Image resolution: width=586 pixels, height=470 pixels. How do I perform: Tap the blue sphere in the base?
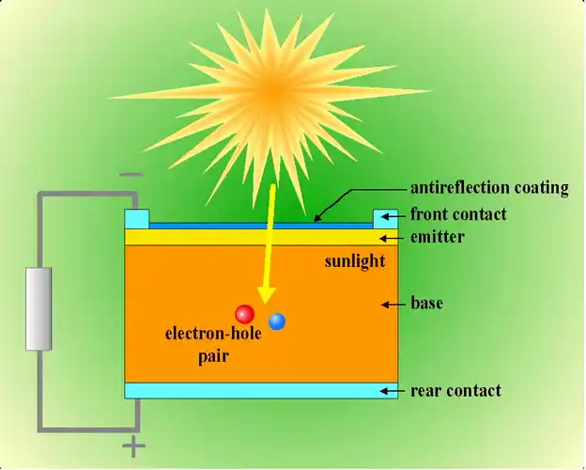[x=277, y=321]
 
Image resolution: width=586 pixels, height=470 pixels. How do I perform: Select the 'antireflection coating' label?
[x=489, y=188]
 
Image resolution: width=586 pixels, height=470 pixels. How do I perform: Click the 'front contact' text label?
[x=458, y=214]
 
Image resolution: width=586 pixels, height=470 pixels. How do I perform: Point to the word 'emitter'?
[x=438, y=237]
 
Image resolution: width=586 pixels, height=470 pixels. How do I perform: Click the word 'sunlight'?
[x=354, y=261]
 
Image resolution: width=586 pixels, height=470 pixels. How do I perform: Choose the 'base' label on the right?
[x=426, y=304]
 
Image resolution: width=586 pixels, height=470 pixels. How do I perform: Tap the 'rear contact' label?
[x=455, y=390]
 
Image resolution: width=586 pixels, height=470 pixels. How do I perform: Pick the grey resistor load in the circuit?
[x=38, y=308]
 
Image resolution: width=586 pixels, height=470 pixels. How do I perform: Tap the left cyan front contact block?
[x=137, y=218]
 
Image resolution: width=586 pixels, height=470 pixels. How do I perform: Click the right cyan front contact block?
[x=386, y=218]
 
